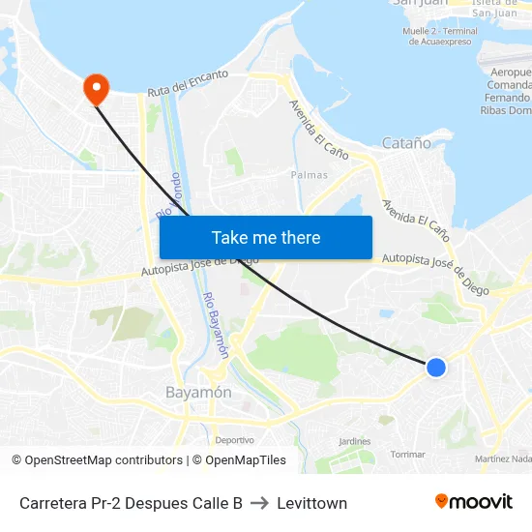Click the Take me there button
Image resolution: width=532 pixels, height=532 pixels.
pyautogui.click(x=266, y=237)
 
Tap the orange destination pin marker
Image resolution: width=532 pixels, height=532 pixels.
pyautogui.click(x=96, y=89)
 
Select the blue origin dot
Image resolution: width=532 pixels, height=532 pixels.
pyautogui.click(x=436, y=367)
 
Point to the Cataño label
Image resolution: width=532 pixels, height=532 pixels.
pyautogui.click(x=406, y=143)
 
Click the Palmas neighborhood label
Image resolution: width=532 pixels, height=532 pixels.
pyautogui.click(x=310, y=175)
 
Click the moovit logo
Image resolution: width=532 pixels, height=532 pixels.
pyautogui.click(x=473, y=501)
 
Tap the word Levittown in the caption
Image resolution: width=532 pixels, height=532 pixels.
pyautogui.click(x=311, y=503)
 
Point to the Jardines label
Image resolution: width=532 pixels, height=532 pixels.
pyautogui.click(x=355, y=441)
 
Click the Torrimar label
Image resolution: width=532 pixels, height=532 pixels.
pyautogui.click(x=407, y=454)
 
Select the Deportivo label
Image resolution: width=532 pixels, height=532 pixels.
pyautogui.click(x=235, y=440)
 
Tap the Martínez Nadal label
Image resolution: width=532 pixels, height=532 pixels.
pyautogui.click(x=503, y=458)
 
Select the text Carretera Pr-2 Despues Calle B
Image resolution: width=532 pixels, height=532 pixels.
pyautogui.click(x=131, y=503)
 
